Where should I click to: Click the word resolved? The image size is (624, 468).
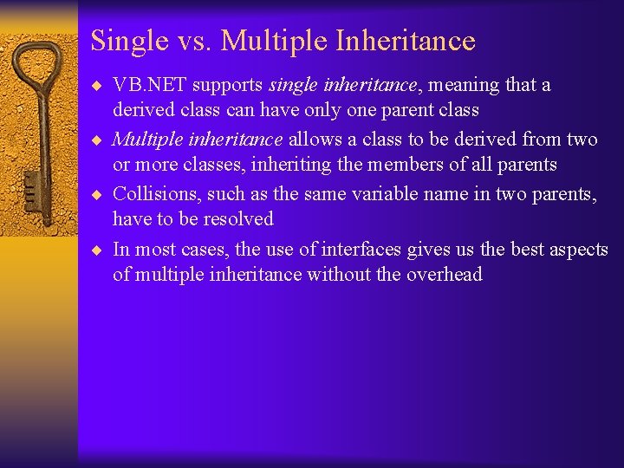(x=237, y=219)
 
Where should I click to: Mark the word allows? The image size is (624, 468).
(x=316, y=139)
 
